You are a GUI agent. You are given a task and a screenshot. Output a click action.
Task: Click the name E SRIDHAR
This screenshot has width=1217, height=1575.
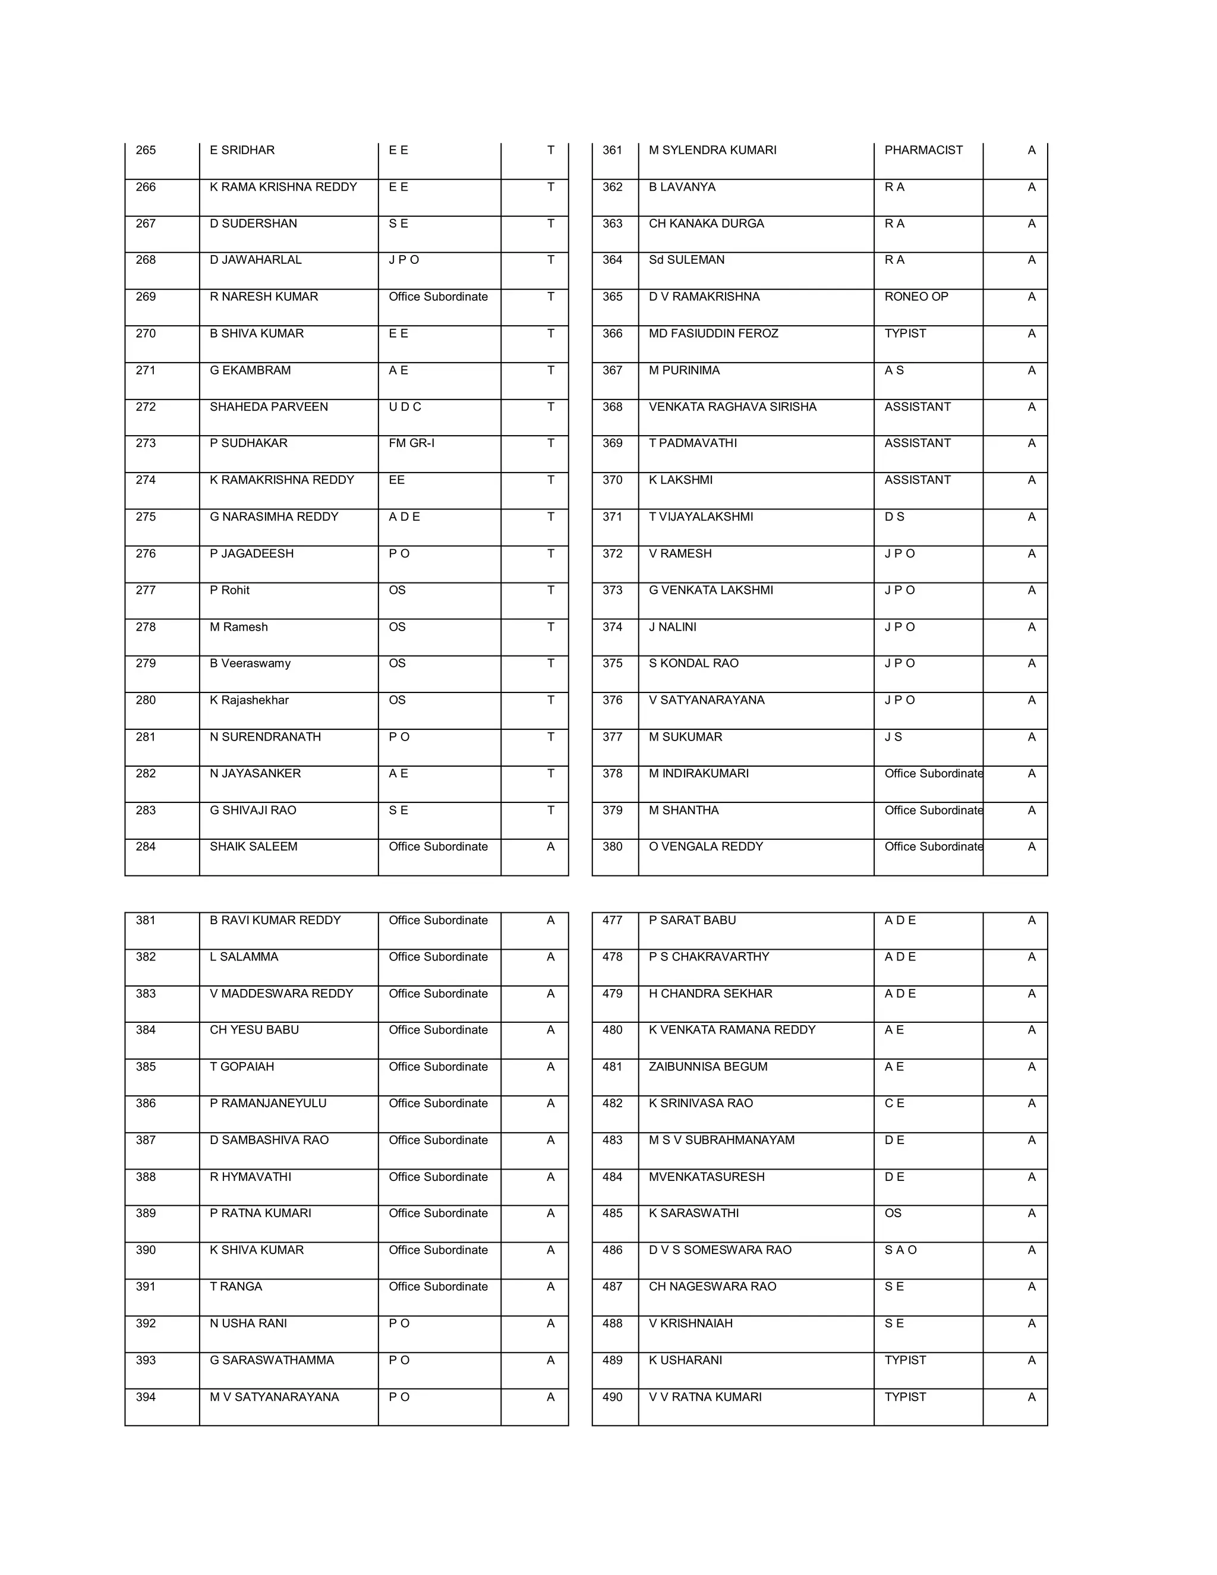(x=242, y=150)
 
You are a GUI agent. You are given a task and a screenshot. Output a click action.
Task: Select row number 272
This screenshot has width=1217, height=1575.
(x=146, y=407)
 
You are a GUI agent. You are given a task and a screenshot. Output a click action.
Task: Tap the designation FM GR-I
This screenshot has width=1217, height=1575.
(x=411, y=443)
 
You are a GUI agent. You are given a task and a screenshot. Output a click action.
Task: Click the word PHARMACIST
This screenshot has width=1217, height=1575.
(x=923, y=150)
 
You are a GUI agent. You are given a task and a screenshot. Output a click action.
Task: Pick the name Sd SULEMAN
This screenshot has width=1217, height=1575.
(x=686, y=260)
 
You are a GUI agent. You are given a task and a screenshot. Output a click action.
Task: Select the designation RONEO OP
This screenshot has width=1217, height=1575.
(x=916, y=297)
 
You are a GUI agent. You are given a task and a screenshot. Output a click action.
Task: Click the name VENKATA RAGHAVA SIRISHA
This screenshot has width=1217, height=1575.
(x=732, y=407)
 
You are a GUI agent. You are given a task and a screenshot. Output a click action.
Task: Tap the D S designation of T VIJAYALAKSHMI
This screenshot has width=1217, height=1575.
(x=894, y=516)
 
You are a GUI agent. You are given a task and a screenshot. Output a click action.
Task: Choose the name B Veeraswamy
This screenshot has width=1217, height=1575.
(x=250, y=663)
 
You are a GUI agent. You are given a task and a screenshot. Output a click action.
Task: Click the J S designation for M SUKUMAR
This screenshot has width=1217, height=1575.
(x=893, y=737)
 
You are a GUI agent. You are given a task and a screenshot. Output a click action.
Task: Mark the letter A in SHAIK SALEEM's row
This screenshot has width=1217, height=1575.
(x=550, y=846)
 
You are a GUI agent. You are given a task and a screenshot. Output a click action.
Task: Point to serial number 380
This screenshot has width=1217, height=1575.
(x=612, y=846)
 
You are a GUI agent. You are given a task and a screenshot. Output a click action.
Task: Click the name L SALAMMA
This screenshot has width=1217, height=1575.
(x=244, y=957)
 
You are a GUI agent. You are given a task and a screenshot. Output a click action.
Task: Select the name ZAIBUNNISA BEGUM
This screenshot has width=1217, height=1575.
(x=707, y=1067)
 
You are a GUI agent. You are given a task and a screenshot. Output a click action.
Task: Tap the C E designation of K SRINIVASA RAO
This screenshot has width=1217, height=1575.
(x=894, y=1103)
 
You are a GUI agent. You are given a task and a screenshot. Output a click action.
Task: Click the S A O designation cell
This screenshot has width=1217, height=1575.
(x=900, y=1250)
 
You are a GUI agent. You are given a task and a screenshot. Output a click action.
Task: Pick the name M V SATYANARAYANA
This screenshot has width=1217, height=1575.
(x=274, y=1397)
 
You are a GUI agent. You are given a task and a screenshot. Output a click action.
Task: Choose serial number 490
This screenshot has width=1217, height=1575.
(x=612, y=1397)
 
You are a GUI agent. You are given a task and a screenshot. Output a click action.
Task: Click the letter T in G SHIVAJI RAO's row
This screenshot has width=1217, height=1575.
(x=550, y=810)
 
